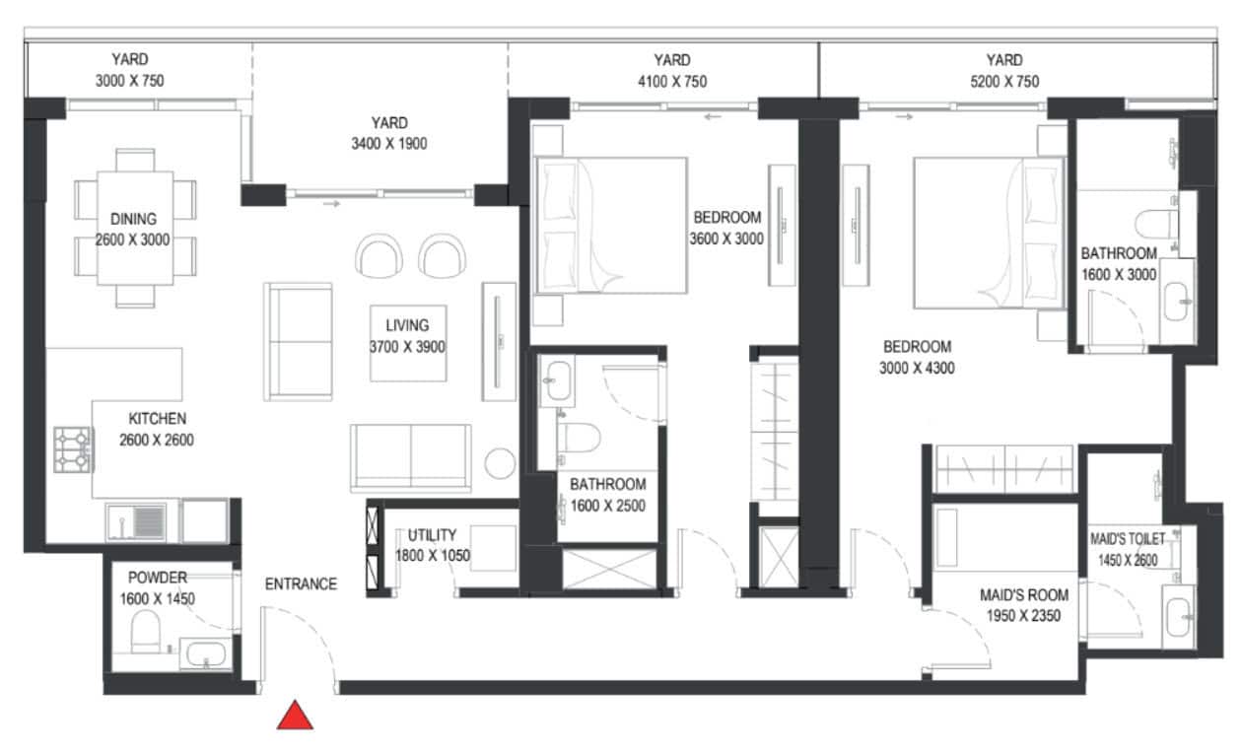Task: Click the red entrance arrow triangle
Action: coord(295,716)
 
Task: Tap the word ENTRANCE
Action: coord(301,583)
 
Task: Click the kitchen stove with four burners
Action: coord(73,449)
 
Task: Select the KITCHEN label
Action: coord(158,419)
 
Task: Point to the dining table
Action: coord(135,228)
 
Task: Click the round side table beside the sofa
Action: coord(500,463)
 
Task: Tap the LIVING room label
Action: coord(407,325)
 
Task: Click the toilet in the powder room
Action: coord(146,631)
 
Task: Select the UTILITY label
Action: coord(433,535)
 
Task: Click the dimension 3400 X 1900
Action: coord(389,144)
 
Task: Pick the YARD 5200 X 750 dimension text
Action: coord(1004,82)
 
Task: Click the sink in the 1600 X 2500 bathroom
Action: coord(557,380)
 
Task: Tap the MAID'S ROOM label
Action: coord(1024,595)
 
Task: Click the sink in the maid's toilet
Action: coord(1178,617)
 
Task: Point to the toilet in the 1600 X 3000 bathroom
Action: coord(1156,224)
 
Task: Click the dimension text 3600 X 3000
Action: coord(726,239)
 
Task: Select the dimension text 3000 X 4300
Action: coord(917,369)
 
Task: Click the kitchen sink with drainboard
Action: coord(136,522)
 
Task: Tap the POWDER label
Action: coord(158,578)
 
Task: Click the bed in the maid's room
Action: coord(1004,537)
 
